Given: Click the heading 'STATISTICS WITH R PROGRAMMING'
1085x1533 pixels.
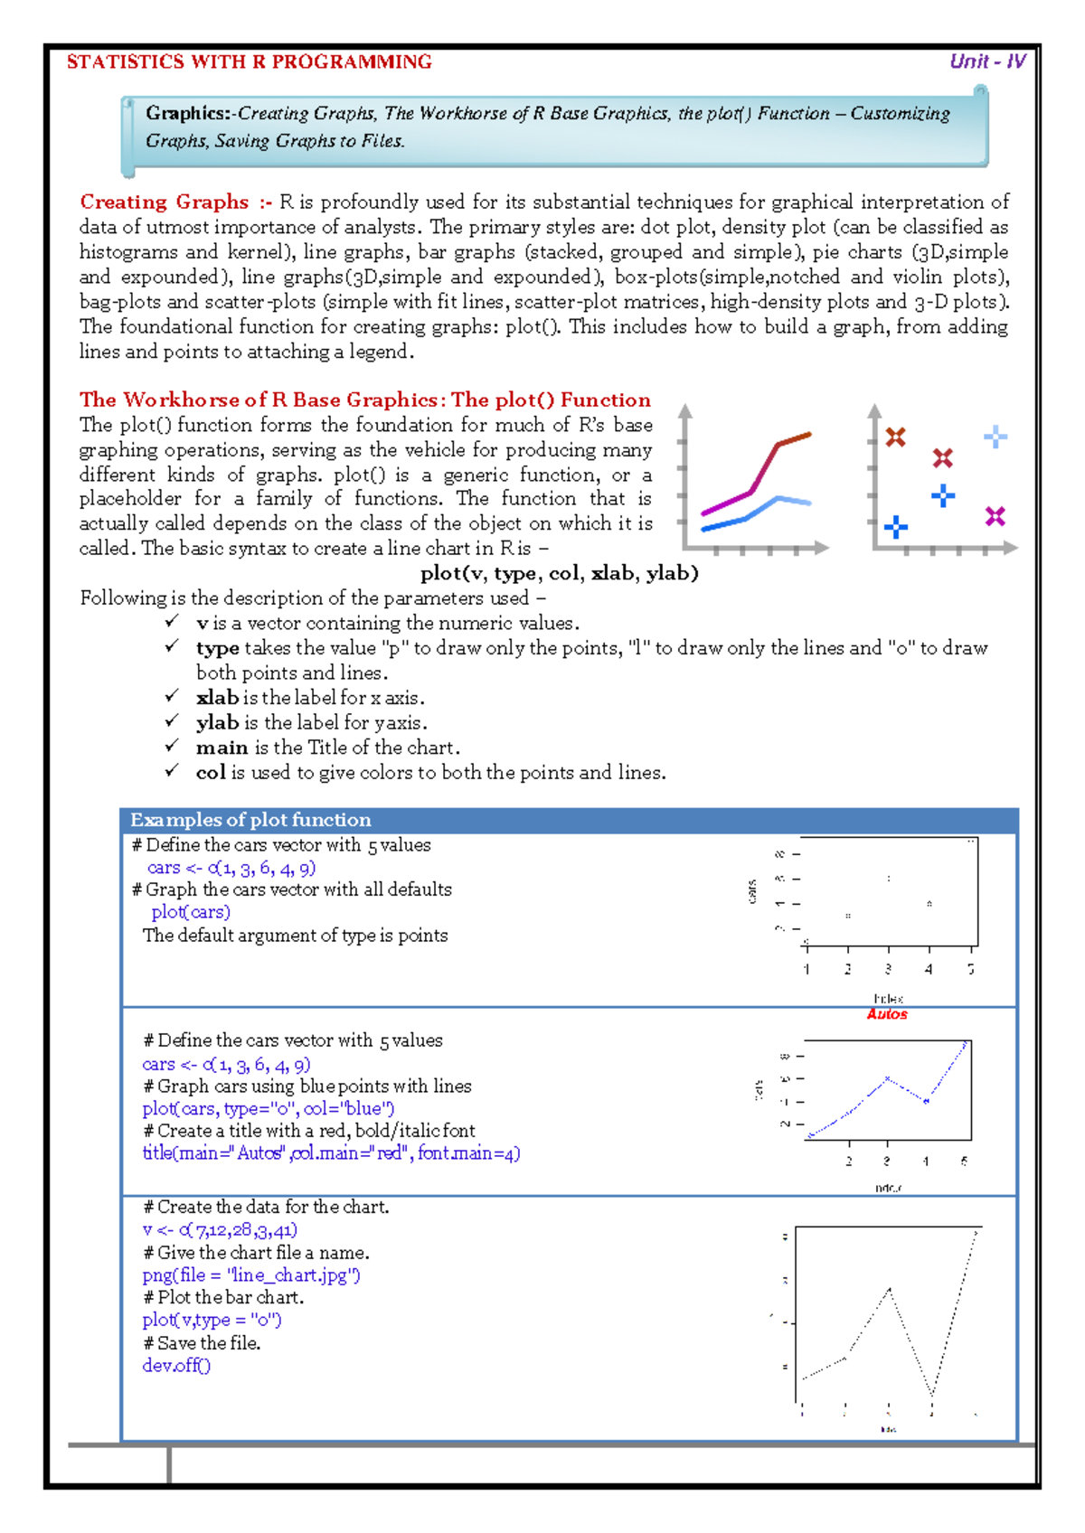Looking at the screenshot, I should pyautogui.click(x=249, y=61).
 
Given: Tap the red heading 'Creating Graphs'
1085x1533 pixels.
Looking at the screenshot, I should pyautogui.click(x=164, y=202).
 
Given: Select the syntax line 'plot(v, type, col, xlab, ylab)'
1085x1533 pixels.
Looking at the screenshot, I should pyautogui.click(x=559, y=572).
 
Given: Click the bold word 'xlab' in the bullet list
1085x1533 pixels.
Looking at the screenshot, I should pyautogui.click(x=217, y=697).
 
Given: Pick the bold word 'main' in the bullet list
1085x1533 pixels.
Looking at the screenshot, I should pyautogui.click(x=222, y=747).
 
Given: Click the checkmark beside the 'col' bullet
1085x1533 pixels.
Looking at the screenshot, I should pyautogui.click(x=172, y=771).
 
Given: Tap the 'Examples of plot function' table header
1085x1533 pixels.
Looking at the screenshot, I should pyautogui.click(x=250, y=820).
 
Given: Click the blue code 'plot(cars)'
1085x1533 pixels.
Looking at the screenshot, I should pyautogui.click(x=191, y=912).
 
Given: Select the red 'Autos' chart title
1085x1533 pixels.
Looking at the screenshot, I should pyautogui.click(x=887, y=1014).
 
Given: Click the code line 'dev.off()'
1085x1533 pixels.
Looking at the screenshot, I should pyautogui.click(x=176, y=1365).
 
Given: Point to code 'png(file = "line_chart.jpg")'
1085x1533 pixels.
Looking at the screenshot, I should pyautogui.click(x=251, y=1275).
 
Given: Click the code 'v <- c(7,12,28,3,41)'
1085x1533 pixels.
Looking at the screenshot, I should pyautogui.click(x=220, y=1229).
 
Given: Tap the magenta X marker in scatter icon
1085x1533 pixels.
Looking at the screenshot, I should pyautogui.click(x=995, y=516).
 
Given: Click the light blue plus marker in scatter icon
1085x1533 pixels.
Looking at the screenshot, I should pyautogui.click(x=995, y=437).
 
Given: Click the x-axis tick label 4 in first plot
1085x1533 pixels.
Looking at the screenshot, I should pyautogui.click(x=929, y=969).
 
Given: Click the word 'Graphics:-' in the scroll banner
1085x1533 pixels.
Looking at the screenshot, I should pyautogui.click(x=191, y=113).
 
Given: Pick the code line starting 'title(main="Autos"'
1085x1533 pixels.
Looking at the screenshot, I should pyautogui.click(x=331, y=1152).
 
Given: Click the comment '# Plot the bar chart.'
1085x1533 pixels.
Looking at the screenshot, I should pyautogui.click(x=223, y=1297).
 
